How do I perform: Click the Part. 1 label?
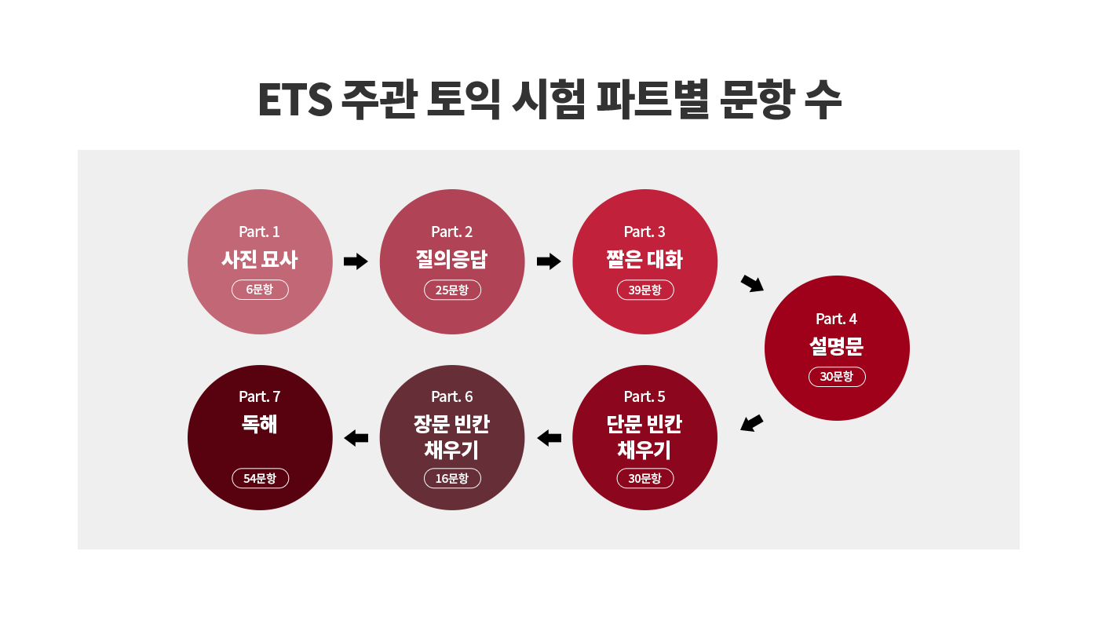click(x=259, y=232)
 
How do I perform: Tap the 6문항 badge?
click(x=260, y=290)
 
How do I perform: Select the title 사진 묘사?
click(x=259, y=259)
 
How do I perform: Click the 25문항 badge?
click(x=452, y=290)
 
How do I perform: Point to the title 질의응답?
click(x=452, y=259)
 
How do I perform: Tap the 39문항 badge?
click(x=644, y=290)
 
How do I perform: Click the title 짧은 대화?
click(x=644, y=259)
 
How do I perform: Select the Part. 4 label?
click(x=836, y=319)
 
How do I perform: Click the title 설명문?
click(x=836, y=346)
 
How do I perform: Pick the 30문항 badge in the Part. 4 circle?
click(x=837, y=377)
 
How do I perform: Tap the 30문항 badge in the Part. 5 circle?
click(x=644, y=478)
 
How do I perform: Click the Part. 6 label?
click(x=452, y=396)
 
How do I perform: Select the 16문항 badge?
click(x=452, y=478)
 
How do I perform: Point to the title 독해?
click(x=259, y=425)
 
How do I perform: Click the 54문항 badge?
click(x=260, y=478)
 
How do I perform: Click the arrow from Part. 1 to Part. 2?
click(x=356, y=261)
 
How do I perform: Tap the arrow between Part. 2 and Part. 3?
click(x=549, y=261)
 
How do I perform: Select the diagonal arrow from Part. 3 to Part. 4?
click(x=752, y=283)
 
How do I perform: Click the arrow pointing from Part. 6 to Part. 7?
click(x=356, y=438)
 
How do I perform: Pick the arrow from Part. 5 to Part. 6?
click(x=549, y=438)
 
